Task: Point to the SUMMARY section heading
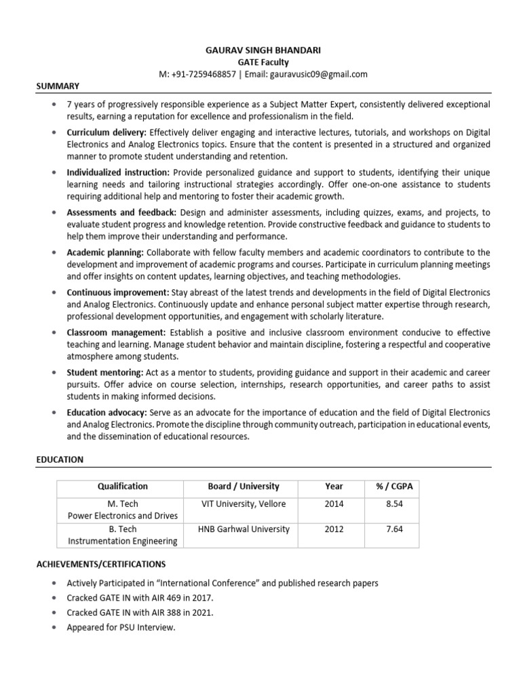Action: point(58,86)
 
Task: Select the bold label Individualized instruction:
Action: point(118,173)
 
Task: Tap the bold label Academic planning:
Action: point(105,252)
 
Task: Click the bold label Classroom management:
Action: point(116,332)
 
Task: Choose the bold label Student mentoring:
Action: point(104,373)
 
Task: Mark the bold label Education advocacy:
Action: point(107,413)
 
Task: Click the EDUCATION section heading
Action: point(60,459)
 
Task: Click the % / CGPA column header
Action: point(390,486)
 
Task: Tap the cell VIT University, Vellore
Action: point(244,504)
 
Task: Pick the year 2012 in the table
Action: point(334,529)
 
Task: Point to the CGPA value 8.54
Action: point(390,504)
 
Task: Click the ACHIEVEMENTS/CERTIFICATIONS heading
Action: point(100,564)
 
